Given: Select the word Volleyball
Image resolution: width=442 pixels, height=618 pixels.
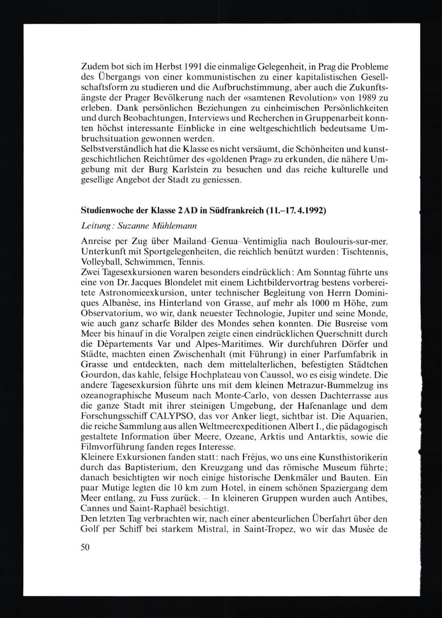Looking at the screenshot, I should click(99, 261).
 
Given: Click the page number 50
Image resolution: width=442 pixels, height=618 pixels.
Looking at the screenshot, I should click(85, 547).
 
